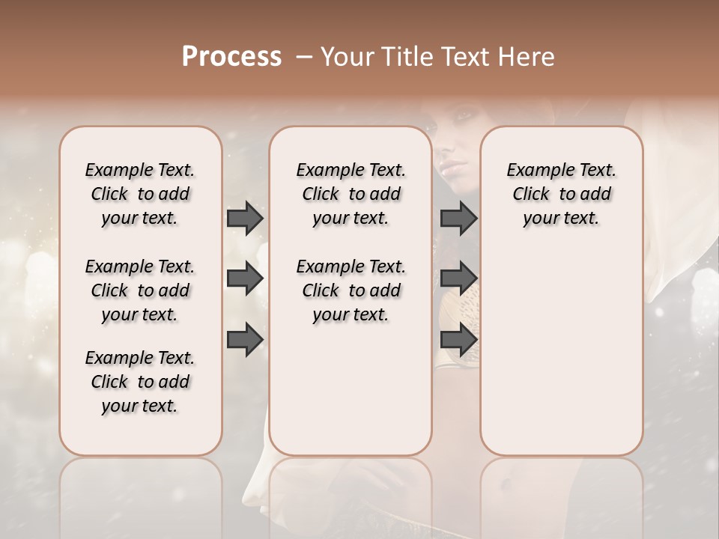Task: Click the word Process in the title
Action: (231, 57)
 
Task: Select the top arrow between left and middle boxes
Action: (245, 219)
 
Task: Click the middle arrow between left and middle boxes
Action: (245, 278)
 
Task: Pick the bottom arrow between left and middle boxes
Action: (245, 339)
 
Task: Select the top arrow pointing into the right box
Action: (458, 219)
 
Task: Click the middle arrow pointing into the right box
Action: (458, 278)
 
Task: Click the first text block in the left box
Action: (140, 194)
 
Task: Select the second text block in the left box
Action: (140, 290)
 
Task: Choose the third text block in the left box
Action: (140, 382)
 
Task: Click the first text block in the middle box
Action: (351, 194)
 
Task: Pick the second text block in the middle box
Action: (351, 290)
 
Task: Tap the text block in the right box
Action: (561, 194)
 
